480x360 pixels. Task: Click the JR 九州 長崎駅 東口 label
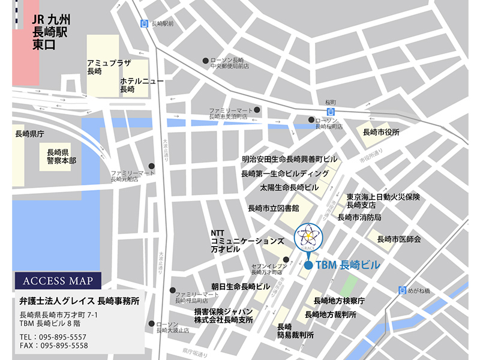coord(50,31)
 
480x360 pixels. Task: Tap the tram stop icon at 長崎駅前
coord(144,24)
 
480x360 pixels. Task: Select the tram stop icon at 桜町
coord(330,112)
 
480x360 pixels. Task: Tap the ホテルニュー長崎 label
coord(139,85)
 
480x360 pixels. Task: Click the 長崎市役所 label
coord(381,132)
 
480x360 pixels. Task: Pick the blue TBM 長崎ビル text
coord(347,265)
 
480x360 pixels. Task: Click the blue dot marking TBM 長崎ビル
coord(308,265)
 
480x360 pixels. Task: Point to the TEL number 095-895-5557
coord(53,337)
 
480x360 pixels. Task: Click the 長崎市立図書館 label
coord(274,208)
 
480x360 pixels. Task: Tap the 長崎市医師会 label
coord(399,239)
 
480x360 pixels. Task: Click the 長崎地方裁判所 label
coord(331,314)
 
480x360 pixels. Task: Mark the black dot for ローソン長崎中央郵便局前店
coord(205,61)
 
